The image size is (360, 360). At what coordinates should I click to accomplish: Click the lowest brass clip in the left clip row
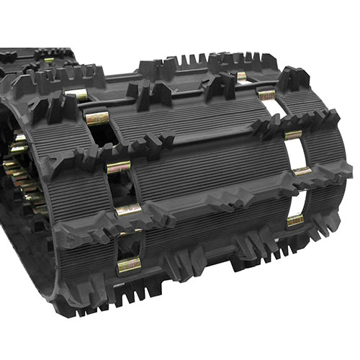[x=129, y=264]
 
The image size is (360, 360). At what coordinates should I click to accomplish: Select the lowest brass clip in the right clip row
[x=295, y=220]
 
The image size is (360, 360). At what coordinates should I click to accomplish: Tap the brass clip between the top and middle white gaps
[x=293, y=135]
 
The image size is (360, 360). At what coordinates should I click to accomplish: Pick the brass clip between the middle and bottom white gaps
[x=302, y=171]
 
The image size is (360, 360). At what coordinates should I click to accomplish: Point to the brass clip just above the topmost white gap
[x=267, y=94]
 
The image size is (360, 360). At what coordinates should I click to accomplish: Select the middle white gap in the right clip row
[x=295, y=152]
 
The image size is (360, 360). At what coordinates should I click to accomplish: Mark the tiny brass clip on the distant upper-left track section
[x=48, y=60]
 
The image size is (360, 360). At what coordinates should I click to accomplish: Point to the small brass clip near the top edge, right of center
[x=241, y=75]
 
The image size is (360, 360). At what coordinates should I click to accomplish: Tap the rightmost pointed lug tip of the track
[x=348, y=171]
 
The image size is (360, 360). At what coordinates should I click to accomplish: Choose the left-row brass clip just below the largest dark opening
[x=119, y=167]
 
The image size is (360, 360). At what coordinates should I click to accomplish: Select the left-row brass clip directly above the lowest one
[x=128, y=210]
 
